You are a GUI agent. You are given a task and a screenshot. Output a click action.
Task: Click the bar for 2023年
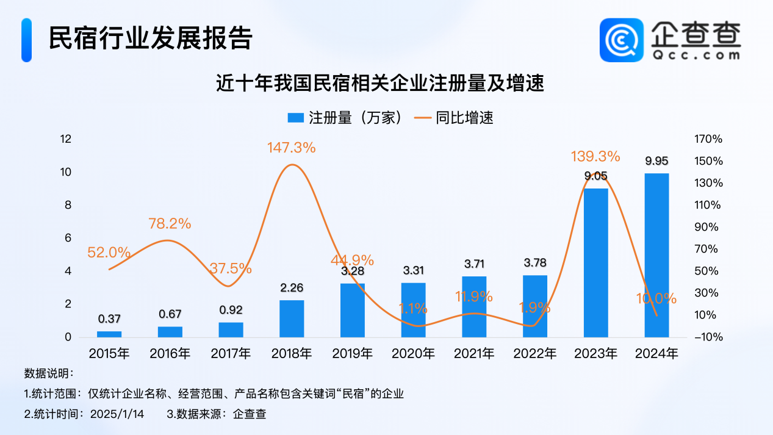pyautogui.click(x=595, y=262)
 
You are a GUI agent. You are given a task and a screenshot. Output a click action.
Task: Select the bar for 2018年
pyautogui.click(x=292, y=318)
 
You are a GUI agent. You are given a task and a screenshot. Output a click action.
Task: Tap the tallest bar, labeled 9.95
pyautogui.click(x=656, y=255)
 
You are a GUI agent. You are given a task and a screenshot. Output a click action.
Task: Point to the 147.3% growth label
pyautogui.click(x=291, y=147)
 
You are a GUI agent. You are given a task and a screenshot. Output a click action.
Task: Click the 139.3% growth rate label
pyautogui.click(x=595, y=156)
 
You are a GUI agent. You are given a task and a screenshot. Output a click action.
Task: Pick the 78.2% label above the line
pyautogui.click(x=170, y=223)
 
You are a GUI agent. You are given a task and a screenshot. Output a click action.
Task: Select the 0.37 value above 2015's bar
pyautogui.click(x=109, y=318)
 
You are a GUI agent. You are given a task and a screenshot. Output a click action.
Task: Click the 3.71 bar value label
pyautogui.click(x=474, y=263)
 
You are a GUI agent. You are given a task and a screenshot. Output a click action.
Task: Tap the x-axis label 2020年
pyautogui.click(x=413, y=353)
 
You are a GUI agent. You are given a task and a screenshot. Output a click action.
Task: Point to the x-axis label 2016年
pyautogui.click(x=170, y=353)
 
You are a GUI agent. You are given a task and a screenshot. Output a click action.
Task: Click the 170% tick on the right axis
pyautogui.click(x=708, y=139)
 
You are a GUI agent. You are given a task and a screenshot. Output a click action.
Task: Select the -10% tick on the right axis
pyautogui.click(x=708, y=337)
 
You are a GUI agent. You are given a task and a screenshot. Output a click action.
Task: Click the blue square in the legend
pyautogui.click(x=295, y=118)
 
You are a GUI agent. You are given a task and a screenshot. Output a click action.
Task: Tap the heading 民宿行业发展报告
pyautogui.click(x=150, y=38)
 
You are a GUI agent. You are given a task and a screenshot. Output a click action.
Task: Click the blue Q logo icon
pyautogui.click(x=621, y=40)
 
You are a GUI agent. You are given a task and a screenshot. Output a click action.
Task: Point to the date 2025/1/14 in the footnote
pyautogui.click(x=117, y=414)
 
